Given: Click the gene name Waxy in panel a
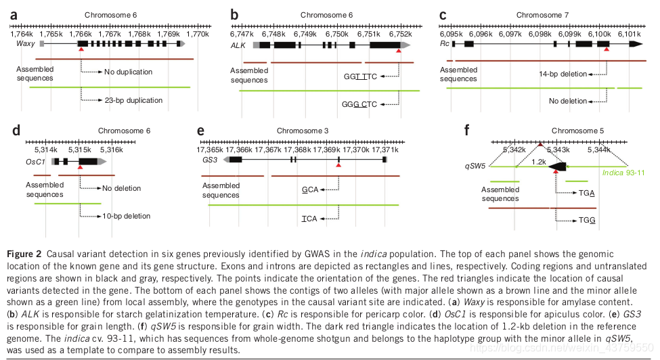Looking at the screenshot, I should (25, 43).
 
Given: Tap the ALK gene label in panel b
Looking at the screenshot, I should (238, 44).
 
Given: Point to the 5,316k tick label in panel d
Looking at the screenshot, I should (111, 150).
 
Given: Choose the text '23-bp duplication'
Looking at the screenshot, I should (134, 100).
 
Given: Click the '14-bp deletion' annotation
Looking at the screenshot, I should (563, 74).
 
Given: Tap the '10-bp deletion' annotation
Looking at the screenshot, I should (127, 216).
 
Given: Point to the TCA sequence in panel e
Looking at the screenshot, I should (309, 219).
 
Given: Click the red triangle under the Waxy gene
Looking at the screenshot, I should (81, 49).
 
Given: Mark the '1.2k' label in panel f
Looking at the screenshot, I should (539, 162).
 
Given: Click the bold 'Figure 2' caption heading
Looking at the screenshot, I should (25, 254).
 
